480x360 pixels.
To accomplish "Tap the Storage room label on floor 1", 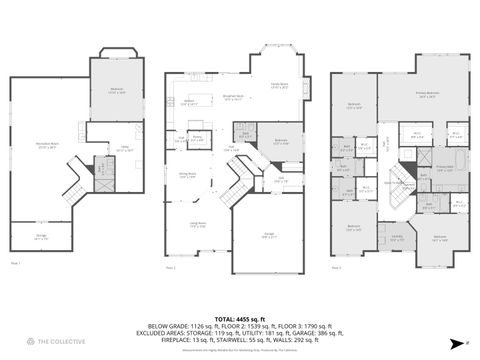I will coord(41,238).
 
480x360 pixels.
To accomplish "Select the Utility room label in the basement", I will coord(123,150).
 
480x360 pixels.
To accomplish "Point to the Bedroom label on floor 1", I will coord(117,91).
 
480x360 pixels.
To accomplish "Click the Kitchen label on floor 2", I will coord(188,101).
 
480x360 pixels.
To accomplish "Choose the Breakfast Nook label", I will coord(233,98).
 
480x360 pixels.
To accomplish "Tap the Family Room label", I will coord(279,87).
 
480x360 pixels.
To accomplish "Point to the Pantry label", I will coord(197,137).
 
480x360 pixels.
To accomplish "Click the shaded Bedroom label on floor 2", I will coord(281,141).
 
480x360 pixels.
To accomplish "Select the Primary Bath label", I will coord(444,167).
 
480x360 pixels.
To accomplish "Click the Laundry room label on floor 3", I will coord(397,237).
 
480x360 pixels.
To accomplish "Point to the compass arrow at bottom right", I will coord(459,342).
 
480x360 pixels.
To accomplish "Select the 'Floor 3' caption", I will coord(336,268).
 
